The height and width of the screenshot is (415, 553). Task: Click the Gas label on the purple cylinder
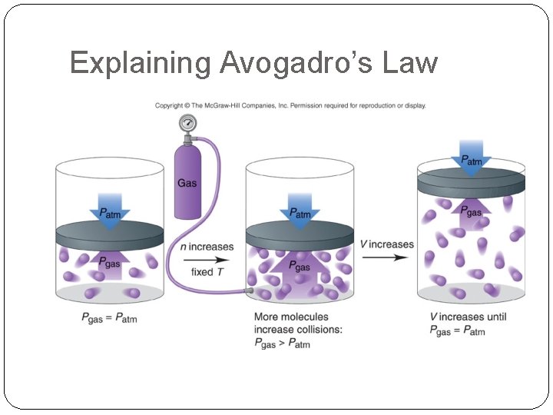tap(187, 183)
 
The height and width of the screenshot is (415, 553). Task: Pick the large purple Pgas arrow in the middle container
tap(300, 271)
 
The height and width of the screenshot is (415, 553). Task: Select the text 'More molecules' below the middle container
tap(291, 317)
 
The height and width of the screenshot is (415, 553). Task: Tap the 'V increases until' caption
tap(468, 317)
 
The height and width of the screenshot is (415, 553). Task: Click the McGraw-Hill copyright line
tap(290, 106)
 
